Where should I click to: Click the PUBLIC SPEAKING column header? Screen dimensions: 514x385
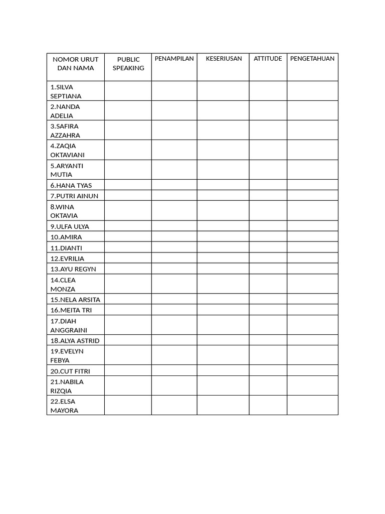pos(128,64)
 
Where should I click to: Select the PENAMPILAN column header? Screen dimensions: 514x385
pos(174,59)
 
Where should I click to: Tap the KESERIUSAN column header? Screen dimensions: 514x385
pos(224,59)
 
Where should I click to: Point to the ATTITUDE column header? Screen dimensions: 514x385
pos(268,59)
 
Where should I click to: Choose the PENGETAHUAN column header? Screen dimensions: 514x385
pos(312,59)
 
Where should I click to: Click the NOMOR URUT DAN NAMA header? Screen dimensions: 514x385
pos(76,64)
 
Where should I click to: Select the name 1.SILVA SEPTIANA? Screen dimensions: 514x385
pos(66,91)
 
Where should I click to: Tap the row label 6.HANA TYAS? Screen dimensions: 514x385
pos(71,185)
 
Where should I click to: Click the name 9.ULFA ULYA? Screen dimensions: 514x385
pos(69,226)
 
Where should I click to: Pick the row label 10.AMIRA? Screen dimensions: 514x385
pos(66,237)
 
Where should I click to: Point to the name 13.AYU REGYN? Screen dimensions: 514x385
pos(73,269)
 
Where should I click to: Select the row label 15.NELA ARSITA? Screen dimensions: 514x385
pos(75,300)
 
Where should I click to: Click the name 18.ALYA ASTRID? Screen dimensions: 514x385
pos(75,340)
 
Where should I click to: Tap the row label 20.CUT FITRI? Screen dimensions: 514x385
pos(70,371)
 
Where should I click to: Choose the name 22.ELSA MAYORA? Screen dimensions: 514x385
pos(64,406)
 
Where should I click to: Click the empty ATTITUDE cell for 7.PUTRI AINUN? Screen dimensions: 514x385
pos(268,196)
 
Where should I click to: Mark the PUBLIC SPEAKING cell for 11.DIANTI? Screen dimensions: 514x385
pos(128,248)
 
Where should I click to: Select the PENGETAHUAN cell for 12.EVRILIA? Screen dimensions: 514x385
pos(312,259)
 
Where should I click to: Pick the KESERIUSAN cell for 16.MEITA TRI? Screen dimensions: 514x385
pos(223,310)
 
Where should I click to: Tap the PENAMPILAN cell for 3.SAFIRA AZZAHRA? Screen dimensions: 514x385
pos(174,131)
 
